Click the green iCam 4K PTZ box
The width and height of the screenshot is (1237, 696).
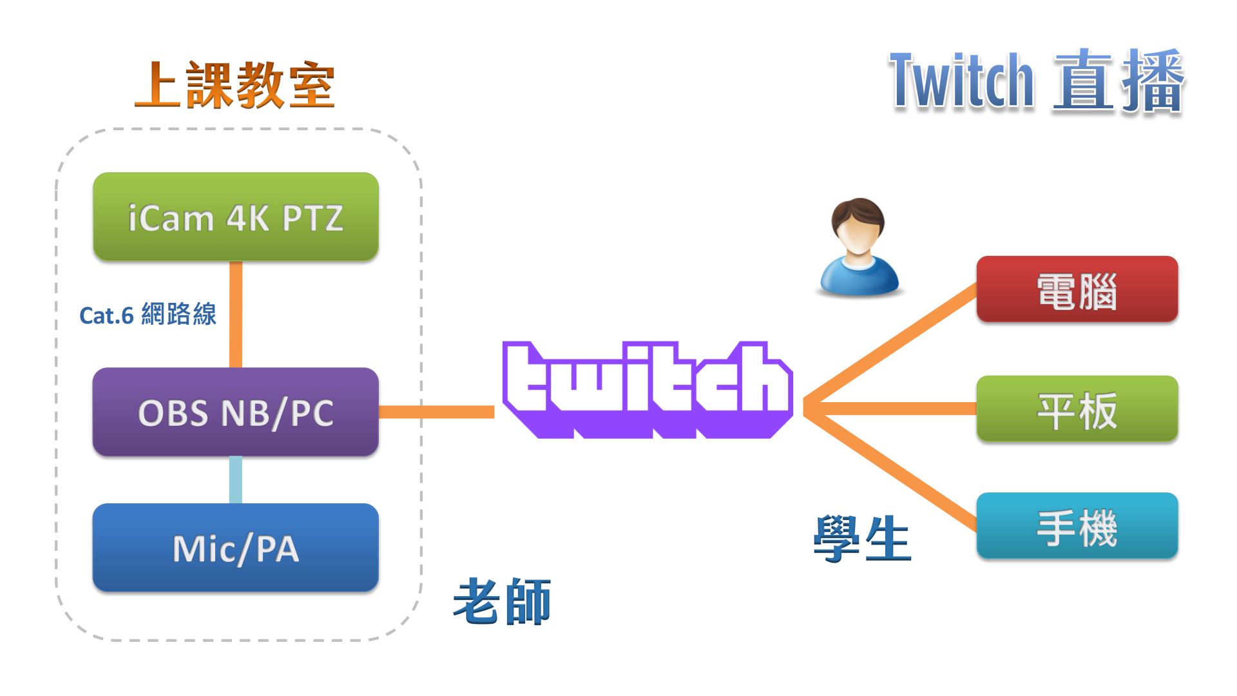tap(236, 217)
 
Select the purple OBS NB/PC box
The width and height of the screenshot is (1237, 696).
tap(236, 412)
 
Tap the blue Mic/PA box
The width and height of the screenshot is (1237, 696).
tap(236, 548)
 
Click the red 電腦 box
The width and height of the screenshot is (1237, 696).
tap(1077, 289)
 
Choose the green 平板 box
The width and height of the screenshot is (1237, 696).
tap(1077, 409)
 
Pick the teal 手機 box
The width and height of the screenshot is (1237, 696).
tap(1077, 526)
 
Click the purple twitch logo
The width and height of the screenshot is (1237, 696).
tap(647, 389)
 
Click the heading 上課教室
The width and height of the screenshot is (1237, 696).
tap(235, 85)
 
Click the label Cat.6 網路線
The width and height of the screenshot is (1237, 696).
tap(148, 314)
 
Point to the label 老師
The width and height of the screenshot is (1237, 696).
tap(502, 601)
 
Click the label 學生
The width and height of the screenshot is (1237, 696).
tap(862, 539)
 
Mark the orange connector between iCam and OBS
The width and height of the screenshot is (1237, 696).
tap(236, 314)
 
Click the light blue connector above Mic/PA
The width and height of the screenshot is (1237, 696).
tap(236, 479)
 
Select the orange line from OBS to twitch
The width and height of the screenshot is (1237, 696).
tap(437, 412)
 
